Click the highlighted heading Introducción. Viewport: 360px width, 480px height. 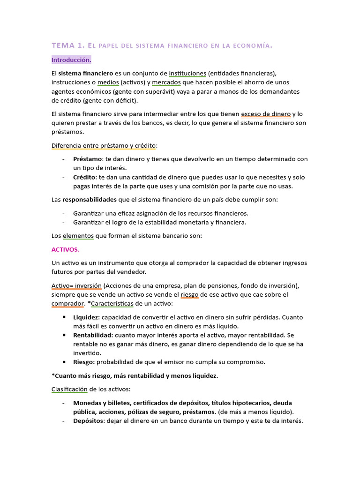pos(71,60)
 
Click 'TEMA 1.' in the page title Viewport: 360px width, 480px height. pos(67,45)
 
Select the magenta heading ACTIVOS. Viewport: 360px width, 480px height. pos(65,249)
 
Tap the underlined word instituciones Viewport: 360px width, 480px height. pos(187,73)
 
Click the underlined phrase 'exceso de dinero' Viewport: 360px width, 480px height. pos(266,114)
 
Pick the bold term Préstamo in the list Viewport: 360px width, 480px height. pos(88,159)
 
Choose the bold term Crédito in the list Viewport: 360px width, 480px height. pos(84,177)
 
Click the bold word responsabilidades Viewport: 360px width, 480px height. pos(89,199)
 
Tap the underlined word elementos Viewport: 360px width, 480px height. pos(78,236)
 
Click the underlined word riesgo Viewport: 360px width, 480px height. pos(190,294)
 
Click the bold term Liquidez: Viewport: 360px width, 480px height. pos(87,317)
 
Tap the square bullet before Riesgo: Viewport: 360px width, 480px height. pos(64,362)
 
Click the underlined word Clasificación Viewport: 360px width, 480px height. pos(69,389)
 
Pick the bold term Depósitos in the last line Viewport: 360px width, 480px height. pos(88,420)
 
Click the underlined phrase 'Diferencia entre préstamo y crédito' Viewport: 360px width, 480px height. pos(104,145)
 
